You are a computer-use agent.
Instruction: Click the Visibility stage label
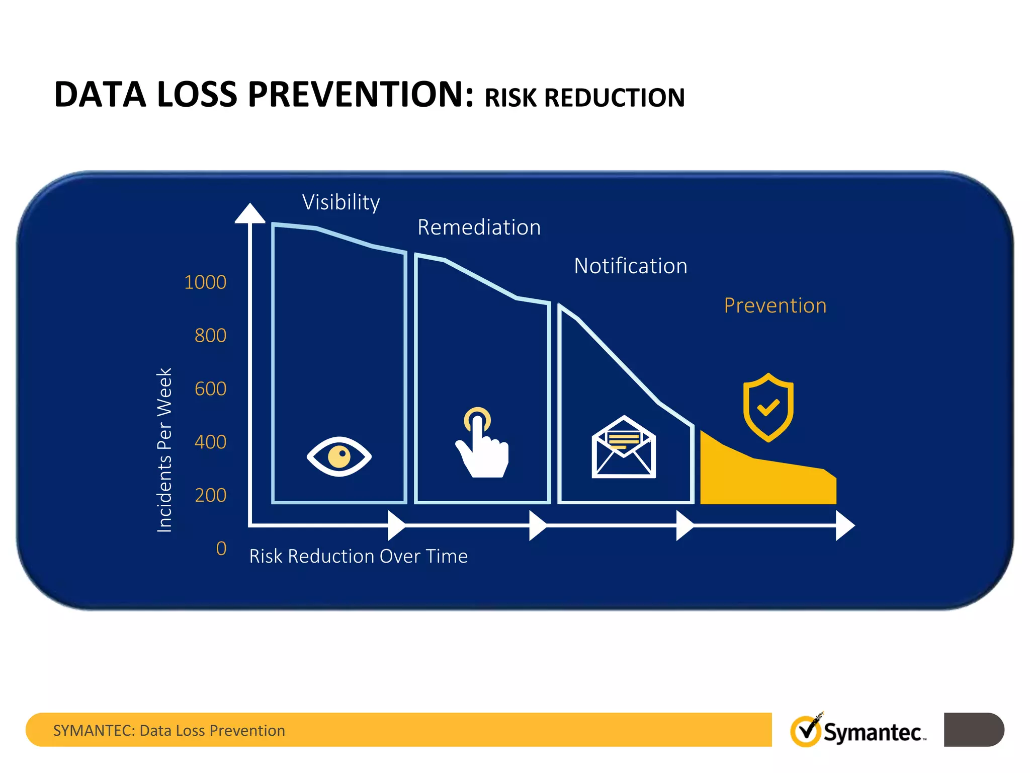click(x=341, y=203)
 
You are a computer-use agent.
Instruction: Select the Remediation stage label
click(x=479, y=227)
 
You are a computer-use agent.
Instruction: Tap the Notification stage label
click(x=630, y=266)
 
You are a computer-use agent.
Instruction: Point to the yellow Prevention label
click(x=775, y=306)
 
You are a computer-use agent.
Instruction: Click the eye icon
click(x=339, y=456)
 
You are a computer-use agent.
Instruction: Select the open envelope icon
click(x=624, y=447)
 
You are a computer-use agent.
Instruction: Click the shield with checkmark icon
click(x=768, y=407)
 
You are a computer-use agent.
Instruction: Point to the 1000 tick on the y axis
click(x=205, y=282)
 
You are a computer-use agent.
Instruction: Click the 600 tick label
click(x=210, y=389)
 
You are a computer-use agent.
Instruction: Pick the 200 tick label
click(x=210, y=496)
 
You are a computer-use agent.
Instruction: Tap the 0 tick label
click(x=221, y=549)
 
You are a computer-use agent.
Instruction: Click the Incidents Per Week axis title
click(x=164, y=450)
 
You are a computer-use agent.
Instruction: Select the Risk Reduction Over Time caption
click(x=358, y=557)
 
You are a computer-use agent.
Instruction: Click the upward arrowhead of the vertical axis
click(x=250, y=213)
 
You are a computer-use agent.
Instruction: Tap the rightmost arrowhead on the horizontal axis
click(x=845, y=525)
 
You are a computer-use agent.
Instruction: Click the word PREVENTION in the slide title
click(x=361, y=95)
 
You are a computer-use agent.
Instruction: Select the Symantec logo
click(x=857, y=731)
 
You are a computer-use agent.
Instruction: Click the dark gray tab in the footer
click(x=973, y=729)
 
